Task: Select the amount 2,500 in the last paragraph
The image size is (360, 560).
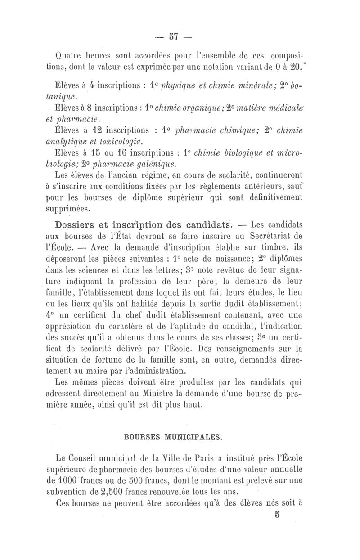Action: point(109,500)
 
